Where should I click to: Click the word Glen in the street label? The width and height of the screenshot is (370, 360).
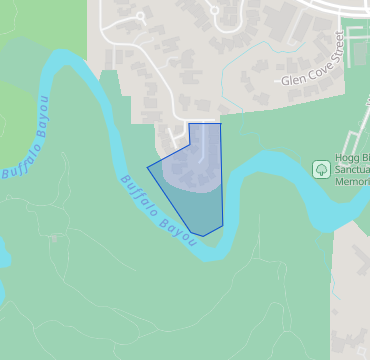tap(294, 79)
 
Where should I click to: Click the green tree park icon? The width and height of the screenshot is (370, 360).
tap(321, 169)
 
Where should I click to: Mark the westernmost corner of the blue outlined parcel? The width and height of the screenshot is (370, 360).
tap(148, 166)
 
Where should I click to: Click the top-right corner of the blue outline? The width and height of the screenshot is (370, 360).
tap(220, 124)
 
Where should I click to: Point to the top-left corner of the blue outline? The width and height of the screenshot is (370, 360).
tap(190, 124)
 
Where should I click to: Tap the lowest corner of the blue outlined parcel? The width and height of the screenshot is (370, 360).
tap(204, 236)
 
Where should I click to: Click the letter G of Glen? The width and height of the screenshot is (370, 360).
tap(285, 79)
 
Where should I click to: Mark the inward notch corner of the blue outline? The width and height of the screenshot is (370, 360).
tap(190, 143)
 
